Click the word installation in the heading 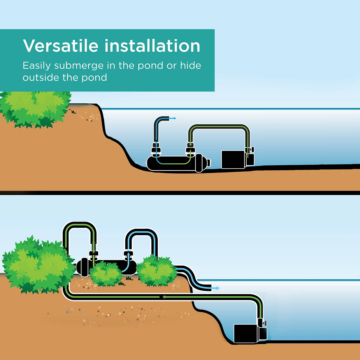[152, 46]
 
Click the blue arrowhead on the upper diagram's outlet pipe [174, 118]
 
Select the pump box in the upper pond [234, 159]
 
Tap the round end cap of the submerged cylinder [208, 163]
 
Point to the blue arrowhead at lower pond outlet [217, 288]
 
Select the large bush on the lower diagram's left [37, 265]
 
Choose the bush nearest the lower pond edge [156, 271]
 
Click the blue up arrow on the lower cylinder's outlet [127, 253]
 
